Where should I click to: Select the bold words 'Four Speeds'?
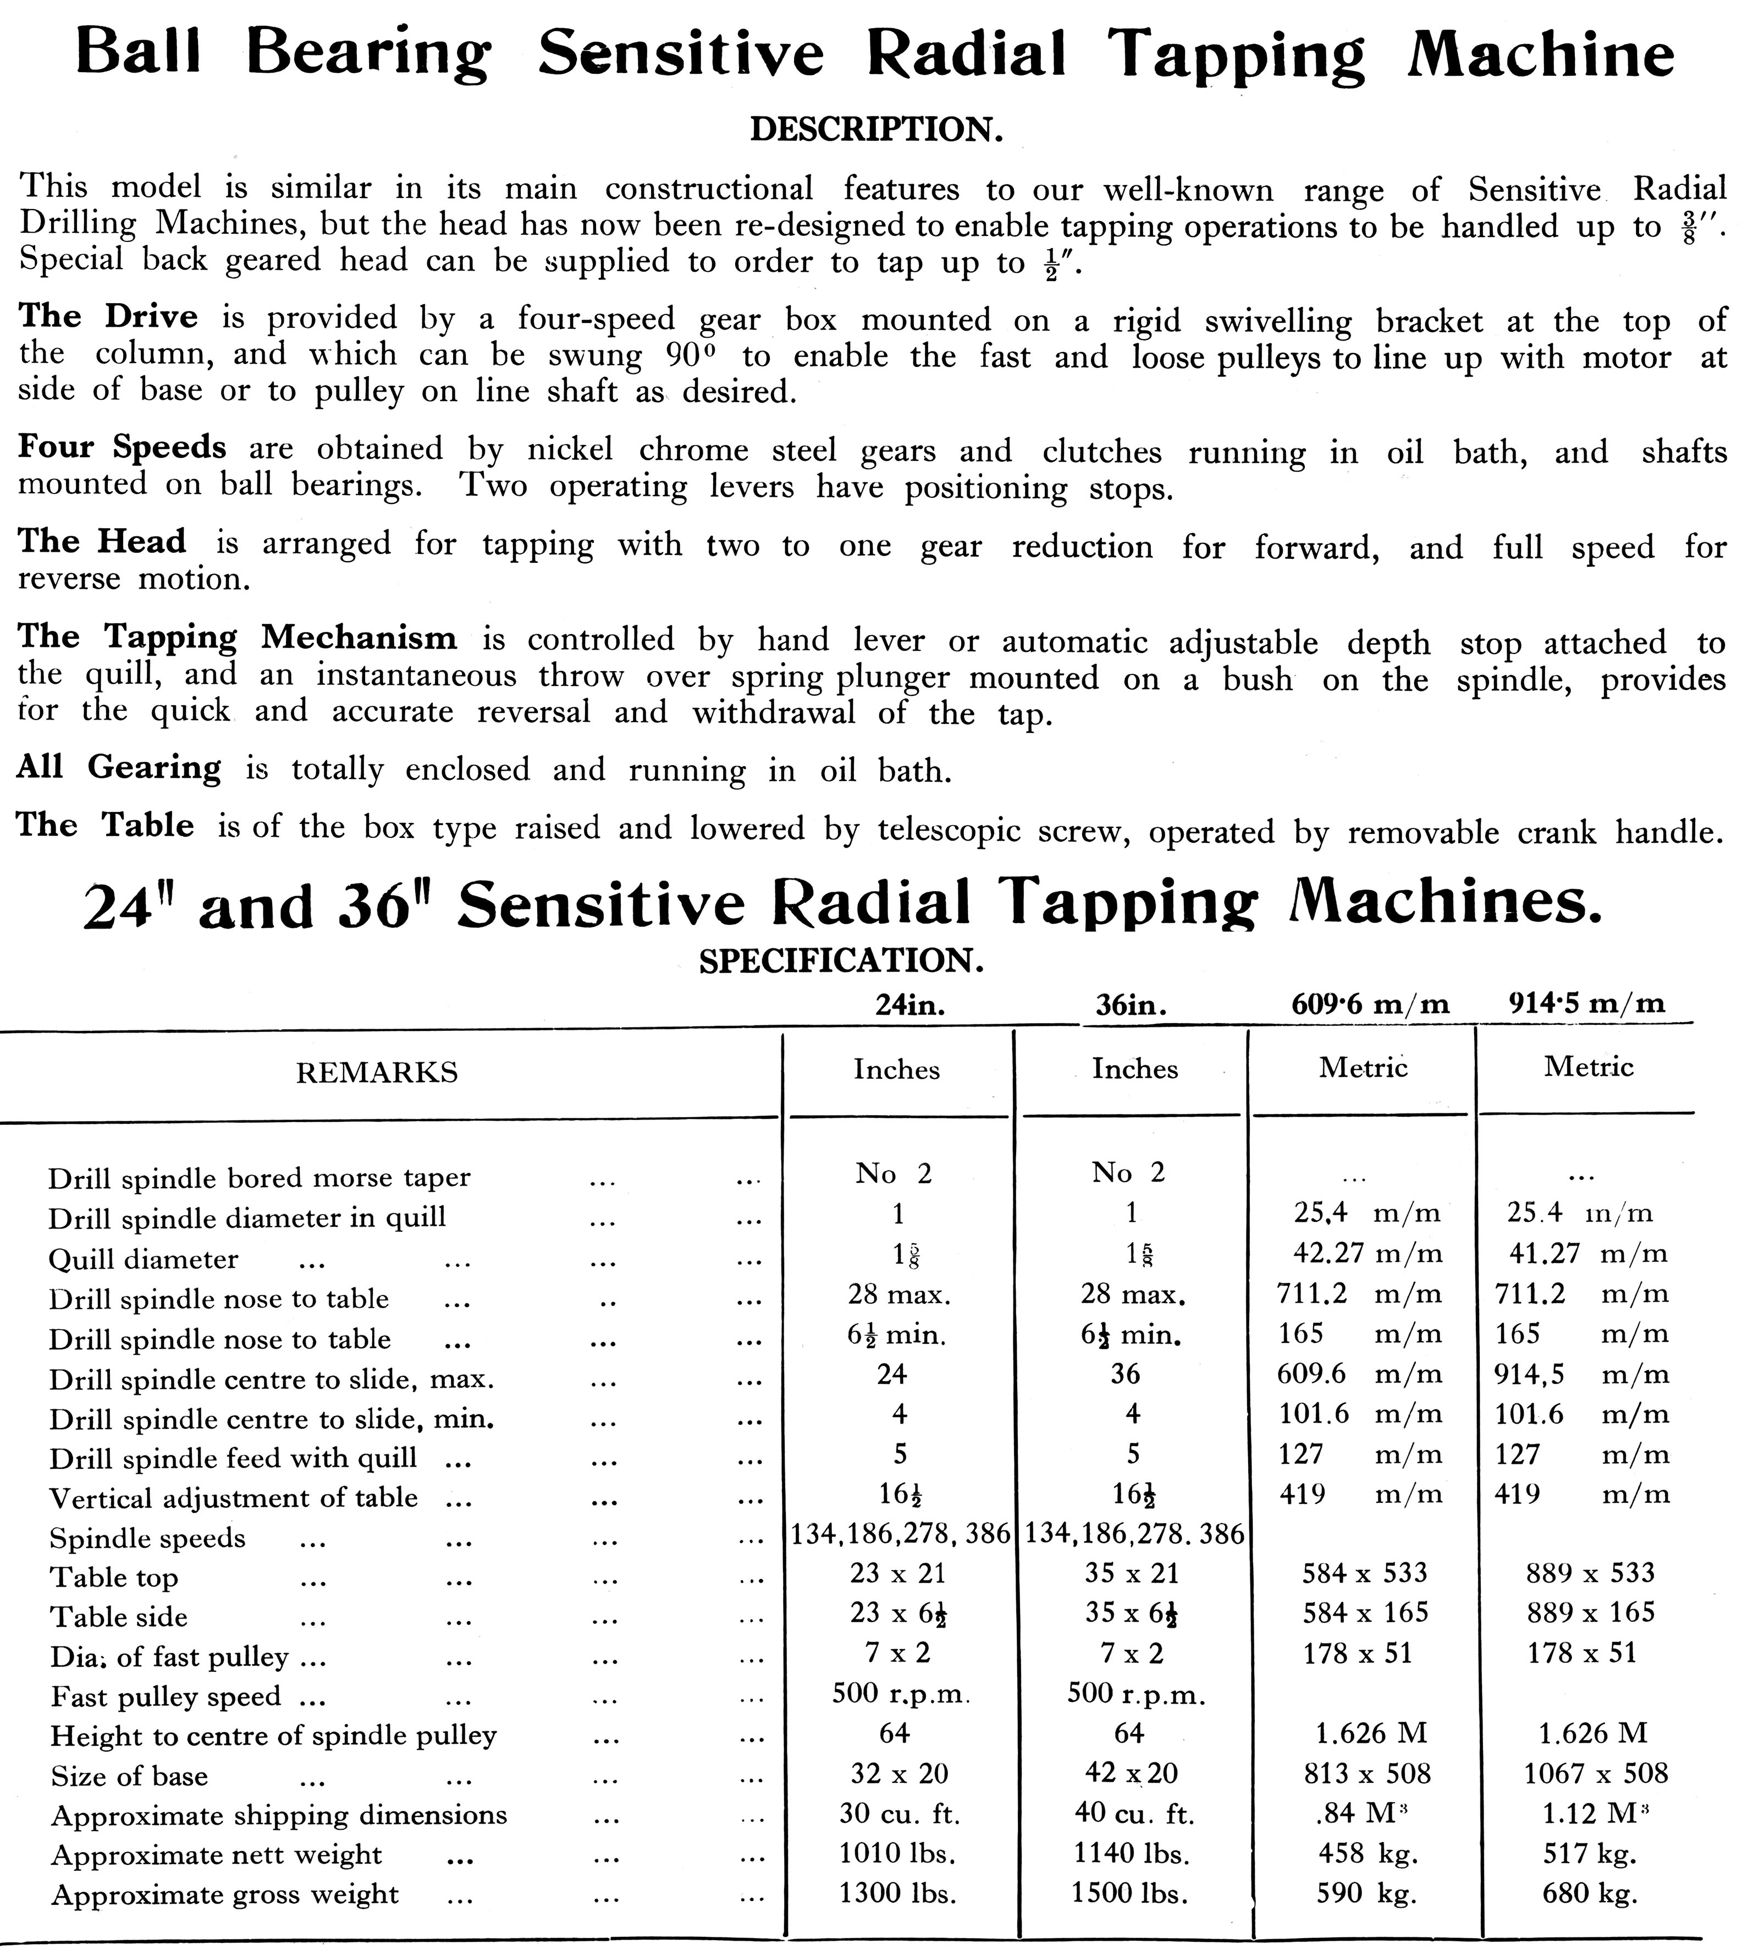tap(122, 447)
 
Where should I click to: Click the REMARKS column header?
tap(377, 1072)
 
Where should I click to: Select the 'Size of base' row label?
tap(129, 1776)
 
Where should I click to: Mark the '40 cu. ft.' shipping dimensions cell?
tap(1134, 1814)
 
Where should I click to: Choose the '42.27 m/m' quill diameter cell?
tap(1367, 1254)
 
